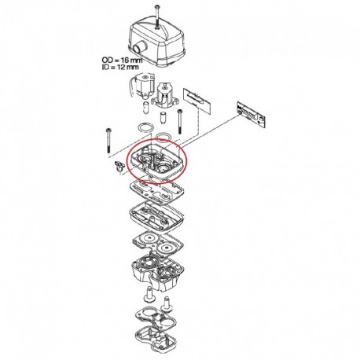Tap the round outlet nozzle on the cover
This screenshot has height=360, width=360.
(138, 49)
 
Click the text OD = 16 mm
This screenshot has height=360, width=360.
(122, 61)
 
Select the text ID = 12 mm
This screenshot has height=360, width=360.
(120, 67)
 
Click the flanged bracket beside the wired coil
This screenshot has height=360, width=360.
(165, 96)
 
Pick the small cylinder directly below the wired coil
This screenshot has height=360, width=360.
(146, 108)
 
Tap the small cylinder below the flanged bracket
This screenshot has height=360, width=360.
(163, 118)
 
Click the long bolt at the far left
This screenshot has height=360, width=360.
(108, 141)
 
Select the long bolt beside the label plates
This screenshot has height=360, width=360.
(180, 121)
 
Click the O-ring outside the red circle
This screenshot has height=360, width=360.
(145, 128)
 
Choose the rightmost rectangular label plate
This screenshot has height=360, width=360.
(252, 114)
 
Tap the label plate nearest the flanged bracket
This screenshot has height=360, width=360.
(197, 99)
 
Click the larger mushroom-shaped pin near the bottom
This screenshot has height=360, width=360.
(149, 294)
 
